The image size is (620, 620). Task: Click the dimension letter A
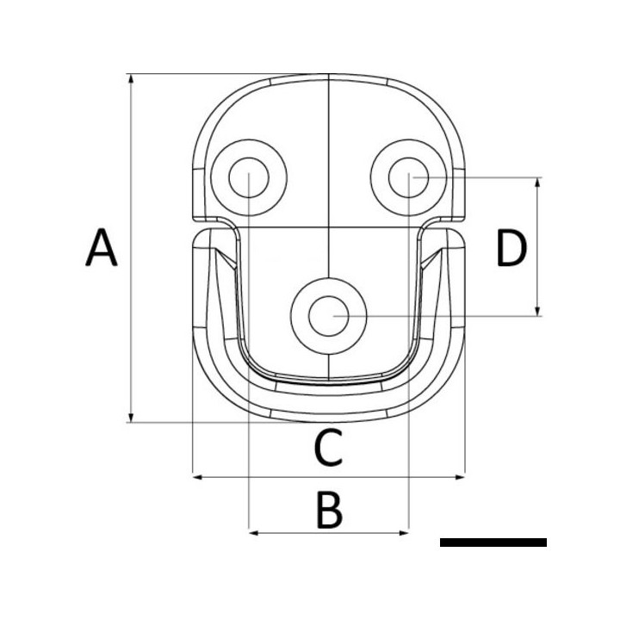pyautogui.click(x=102, y=249)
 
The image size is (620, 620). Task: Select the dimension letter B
pyautogui.click(x=328, y=511)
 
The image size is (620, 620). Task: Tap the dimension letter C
pyautogui.click(x=328, y=447)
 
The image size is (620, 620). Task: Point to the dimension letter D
pyautogui.click(x=511, y=249)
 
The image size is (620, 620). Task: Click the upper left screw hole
pyautogui.click(x=249, y=177)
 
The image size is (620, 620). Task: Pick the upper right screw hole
pyautogui.click(x=407, y=177)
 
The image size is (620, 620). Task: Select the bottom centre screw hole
pyautogui.click(x=328, y=316)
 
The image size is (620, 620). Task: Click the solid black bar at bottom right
pyautogui.click(x=493, y=542)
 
